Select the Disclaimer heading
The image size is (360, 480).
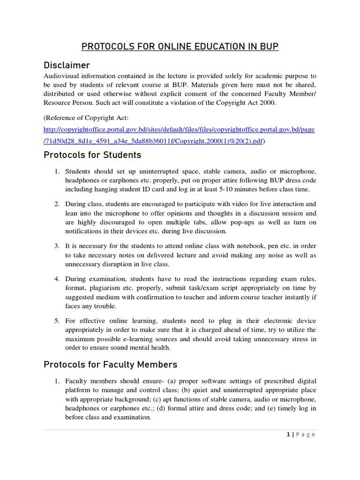coord(67,65)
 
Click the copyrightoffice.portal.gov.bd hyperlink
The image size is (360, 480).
coord(179,130)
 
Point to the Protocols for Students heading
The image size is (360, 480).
coord(92,155)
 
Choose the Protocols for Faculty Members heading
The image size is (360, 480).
coord(110,364)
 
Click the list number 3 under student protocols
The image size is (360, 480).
coord(56,246)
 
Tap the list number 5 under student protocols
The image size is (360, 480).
coord(56,321)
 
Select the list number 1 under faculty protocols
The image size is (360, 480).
coord(56,381)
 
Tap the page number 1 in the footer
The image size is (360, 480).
coord(289,435)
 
